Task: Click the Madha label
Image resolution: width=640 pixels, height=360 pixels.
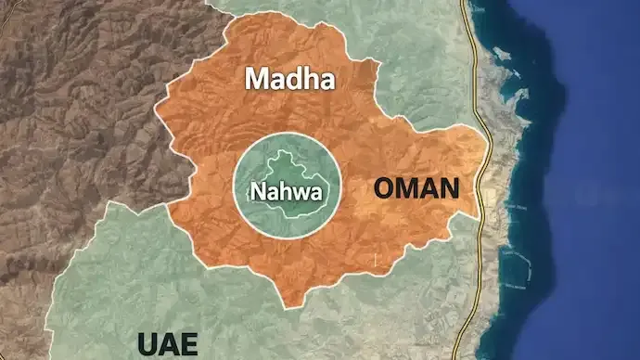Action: tap(288, 80)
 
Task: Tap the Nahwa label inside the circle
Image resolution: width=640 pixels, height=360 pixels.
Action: tap(286, 194)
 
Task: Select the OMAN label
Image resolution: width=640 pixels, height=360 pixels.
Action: tap(416, 189)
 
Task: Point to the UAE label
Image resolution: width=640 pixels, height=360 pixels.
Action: tap(168, 343)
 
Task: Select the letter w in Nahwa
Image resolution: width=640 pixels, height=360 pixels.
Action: tap(298, 196)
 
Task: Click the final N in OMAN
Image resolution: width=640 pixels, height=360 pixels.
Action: tap(449, 189)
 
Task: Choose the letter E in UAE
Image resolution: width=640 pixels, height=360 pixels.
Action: tap(189, 343)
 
